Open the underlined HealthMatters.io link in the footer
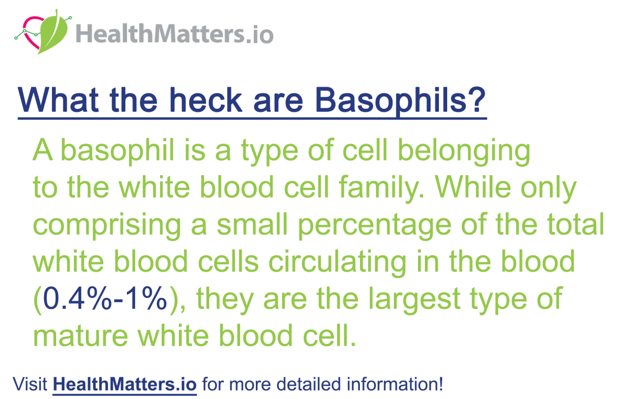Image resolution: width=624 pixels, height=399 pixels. click(125, 385)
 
